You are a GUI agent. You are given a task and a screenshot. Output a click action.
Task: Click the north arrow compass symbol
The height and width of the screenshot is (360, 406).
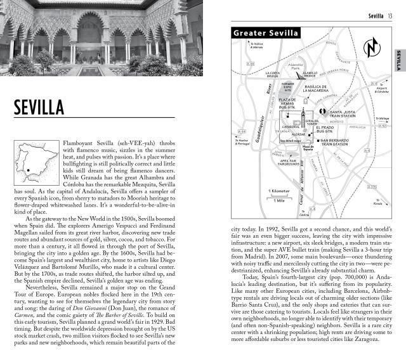pos(370,49)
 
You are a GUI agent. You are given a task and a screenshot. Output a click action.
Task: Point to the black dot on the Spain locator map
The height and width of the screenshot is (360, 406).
pos(28,169)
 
